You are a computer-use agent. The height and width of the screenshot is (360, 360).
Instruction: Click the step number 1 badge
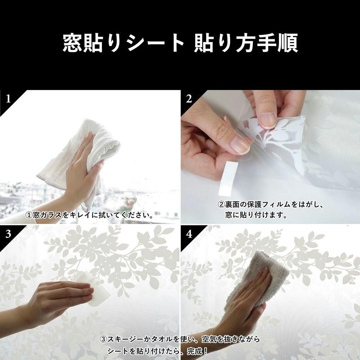point(8,99)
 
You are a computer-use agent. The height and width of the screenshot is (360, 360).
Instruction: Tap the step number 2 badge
point(189,99)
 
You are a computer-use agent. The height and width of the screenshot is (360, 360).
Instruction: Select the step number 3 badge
point(8,234)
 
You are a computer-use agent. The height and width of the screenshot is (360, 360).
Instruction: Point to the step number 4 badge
point(189,234)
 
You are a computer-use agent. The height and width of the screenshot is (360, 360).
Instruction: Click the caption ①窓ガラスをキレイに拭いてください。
point(90,215)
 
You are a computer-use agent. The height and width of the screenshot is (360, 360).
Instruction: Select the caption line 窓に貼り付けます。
point(256,215)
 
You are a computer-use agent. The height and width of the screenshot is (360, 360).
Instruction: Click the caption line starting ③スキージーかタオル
point(180,339)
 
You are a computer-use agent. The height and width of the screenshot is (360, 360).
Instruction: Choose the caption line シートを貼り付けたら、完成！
point(158,351)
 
